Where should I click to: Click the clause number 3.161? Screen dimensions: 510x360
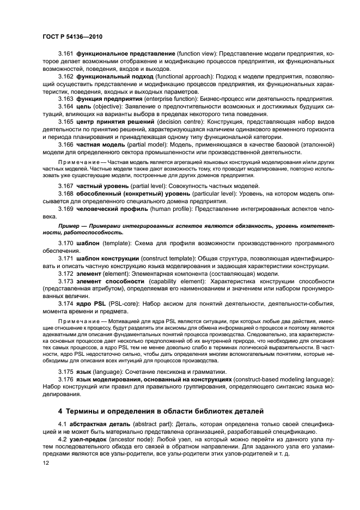tap(66, 53)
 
